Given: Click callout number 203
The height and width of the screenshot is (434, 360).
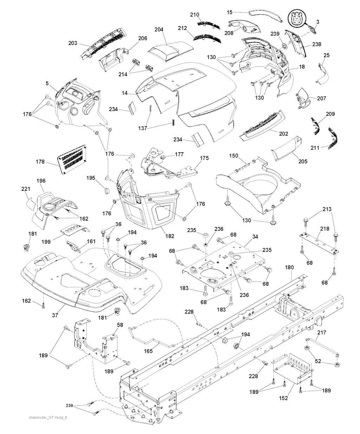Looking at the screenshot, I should [x=72, y=43].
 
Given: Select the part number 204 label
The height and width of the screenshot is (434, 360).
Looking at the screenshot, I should [x=159, y=30].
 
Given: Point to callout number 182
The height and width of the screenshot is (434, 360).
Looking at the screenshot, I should [x=169, y=236].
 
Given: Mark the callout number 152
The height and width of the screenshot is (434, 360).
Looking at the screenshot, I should [x=283, y=398].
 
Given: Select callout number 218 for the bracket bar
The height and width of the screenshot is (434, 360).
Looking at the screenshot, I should [x=324, y=229].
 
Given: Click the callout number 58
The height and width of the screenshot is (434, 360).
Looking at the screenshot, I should [x=120, y=326].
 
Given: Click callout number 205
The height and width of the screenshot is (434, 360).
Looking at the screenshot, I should [x=302, y=161].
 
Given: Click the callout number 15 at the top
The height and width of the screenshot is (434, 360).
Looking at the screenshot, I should [x=230, y=12].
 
